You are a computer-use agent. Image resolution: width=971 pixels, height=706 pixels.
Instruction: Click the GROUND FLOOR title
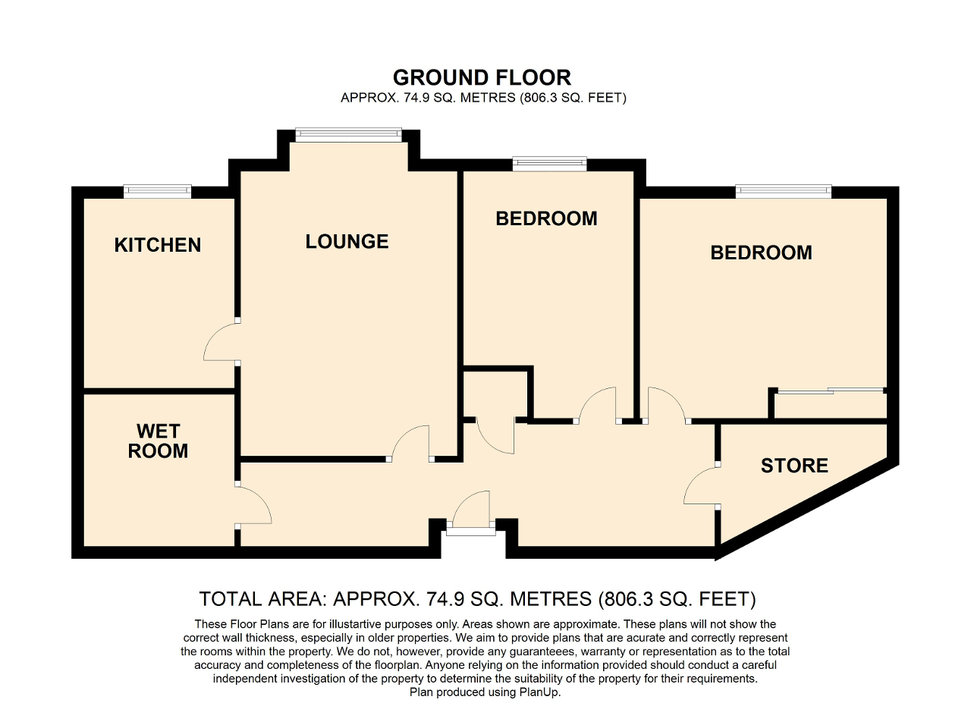click(x=482, y=77)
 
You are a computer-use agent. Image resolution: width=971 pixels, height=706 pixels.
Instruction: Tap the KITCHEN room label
click(x=158, y=245)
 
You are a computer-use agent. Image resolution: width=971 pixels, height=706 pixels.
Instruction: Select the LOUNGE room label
click(x=347, y=241)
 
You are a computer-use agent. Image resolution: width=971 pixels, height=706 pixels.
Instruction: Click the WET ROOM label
click(x=158, y=441)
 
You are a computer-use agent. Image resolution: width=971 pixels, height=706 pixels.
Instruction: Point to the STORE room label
click(x=794, y=465)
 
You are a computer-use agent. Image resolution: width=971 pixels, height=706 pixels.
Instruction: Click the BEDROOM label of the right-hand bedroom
click(x=761, y=253)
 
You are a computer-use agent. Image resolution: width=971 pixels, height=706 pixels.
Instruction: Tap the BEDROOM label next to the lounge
click(x=546, y=218)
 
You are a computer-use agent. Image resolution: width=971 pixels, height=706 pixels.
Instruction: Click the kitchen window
click(x=158, y=191)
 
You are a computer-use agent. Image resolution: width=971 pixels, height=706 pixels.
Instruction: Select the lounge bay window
click(x=347, y=135)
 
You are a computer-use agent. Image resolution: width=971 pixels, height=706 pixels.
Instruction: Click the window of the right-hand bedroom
click(x=783, y=191)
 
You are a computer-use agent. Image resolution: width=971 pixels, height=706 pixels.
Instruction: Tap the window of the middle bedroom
click(x=549, y=163)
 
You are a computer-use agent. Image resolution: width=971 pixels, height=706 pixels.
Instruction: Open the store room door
click(x=701, y=485)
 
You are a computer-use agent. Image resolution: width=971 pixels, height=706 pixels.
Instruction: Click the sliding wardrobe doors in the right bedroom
click(x=831, y=391)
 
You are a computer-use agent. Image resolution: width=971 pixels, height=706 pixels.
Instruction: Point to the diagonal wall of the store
click(x=804, y=504)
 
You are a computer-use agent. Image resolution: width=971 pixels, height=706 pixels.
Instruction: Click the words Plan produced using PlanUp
click(x=485, y=692)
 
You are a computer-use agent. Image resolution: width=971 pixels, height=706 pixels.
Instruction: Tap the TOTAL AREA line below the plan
click(x=477, y=599)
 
